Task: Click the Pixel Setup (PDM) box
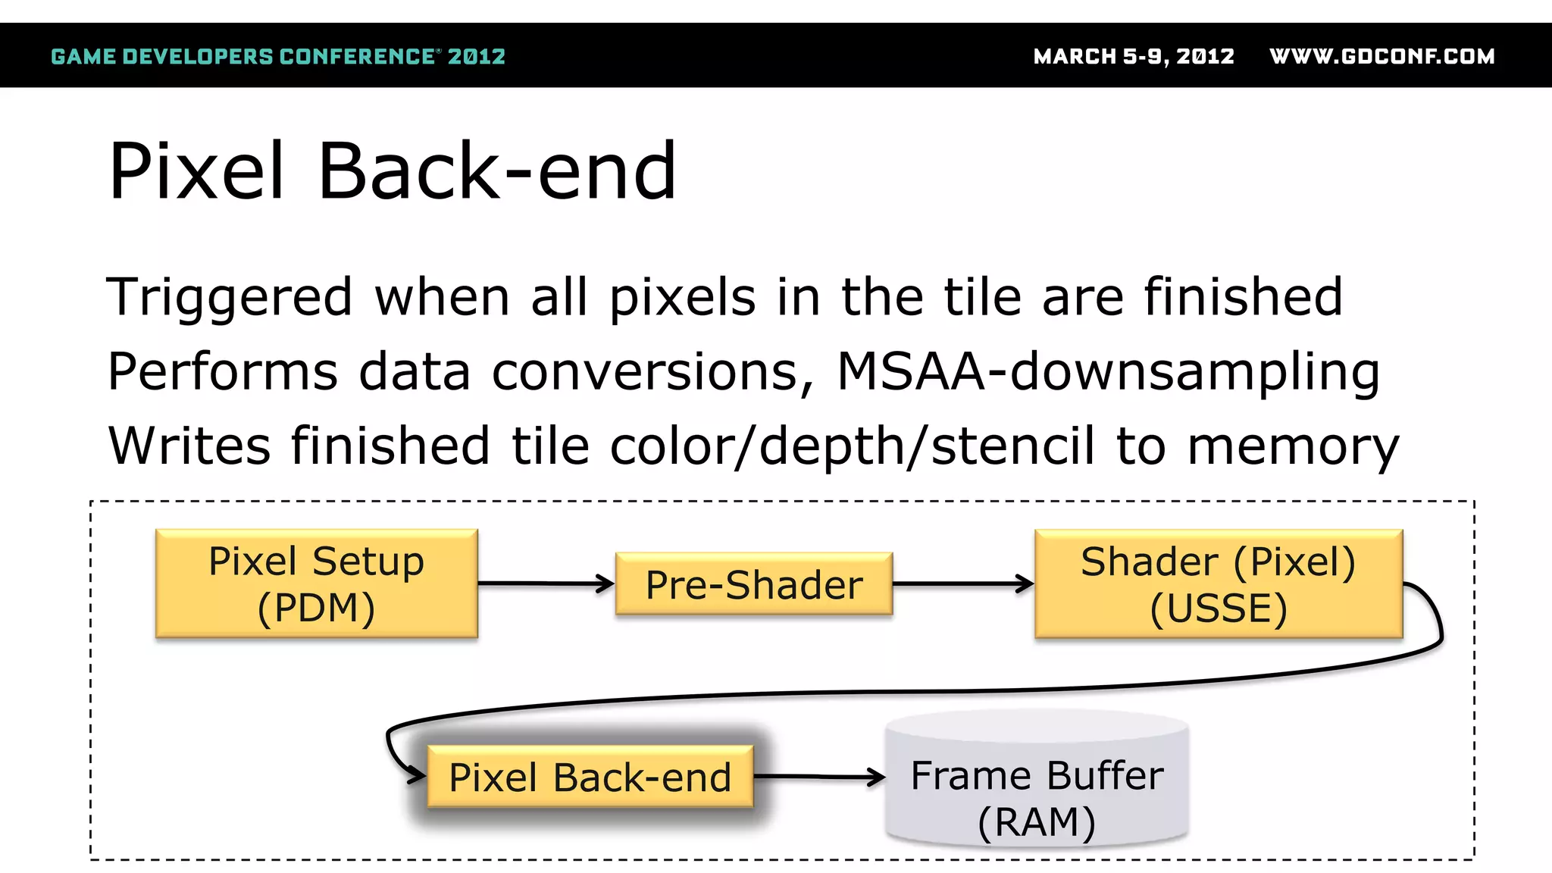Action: coord(316,584)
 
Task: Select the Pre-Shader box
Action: coord(753,584)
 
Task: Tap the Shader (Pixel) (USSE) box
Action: coord(1218,584)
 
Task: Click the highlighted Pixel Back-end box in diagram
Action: coord(590,777)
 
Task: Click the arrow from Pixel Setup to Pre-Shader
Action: coord(546,584)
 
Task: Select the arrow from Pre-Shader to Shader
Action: coord(962,584)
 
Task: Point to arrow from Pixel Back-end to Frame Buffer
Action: coord(818,777)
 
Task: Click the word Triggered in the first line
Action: coord(230,298)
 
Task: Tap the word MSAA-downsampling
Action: coord(1108,372)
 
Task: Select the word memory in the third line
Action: coord(1293,446)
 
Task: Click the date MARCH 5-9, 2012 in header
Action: coord(1134,57)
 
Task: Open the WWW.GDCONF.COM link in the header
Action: coord(1381,57)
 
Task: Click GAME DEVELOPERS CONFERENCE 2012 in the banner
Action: coord(277,57)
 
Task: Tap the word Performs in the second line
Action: coord(223,372)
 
